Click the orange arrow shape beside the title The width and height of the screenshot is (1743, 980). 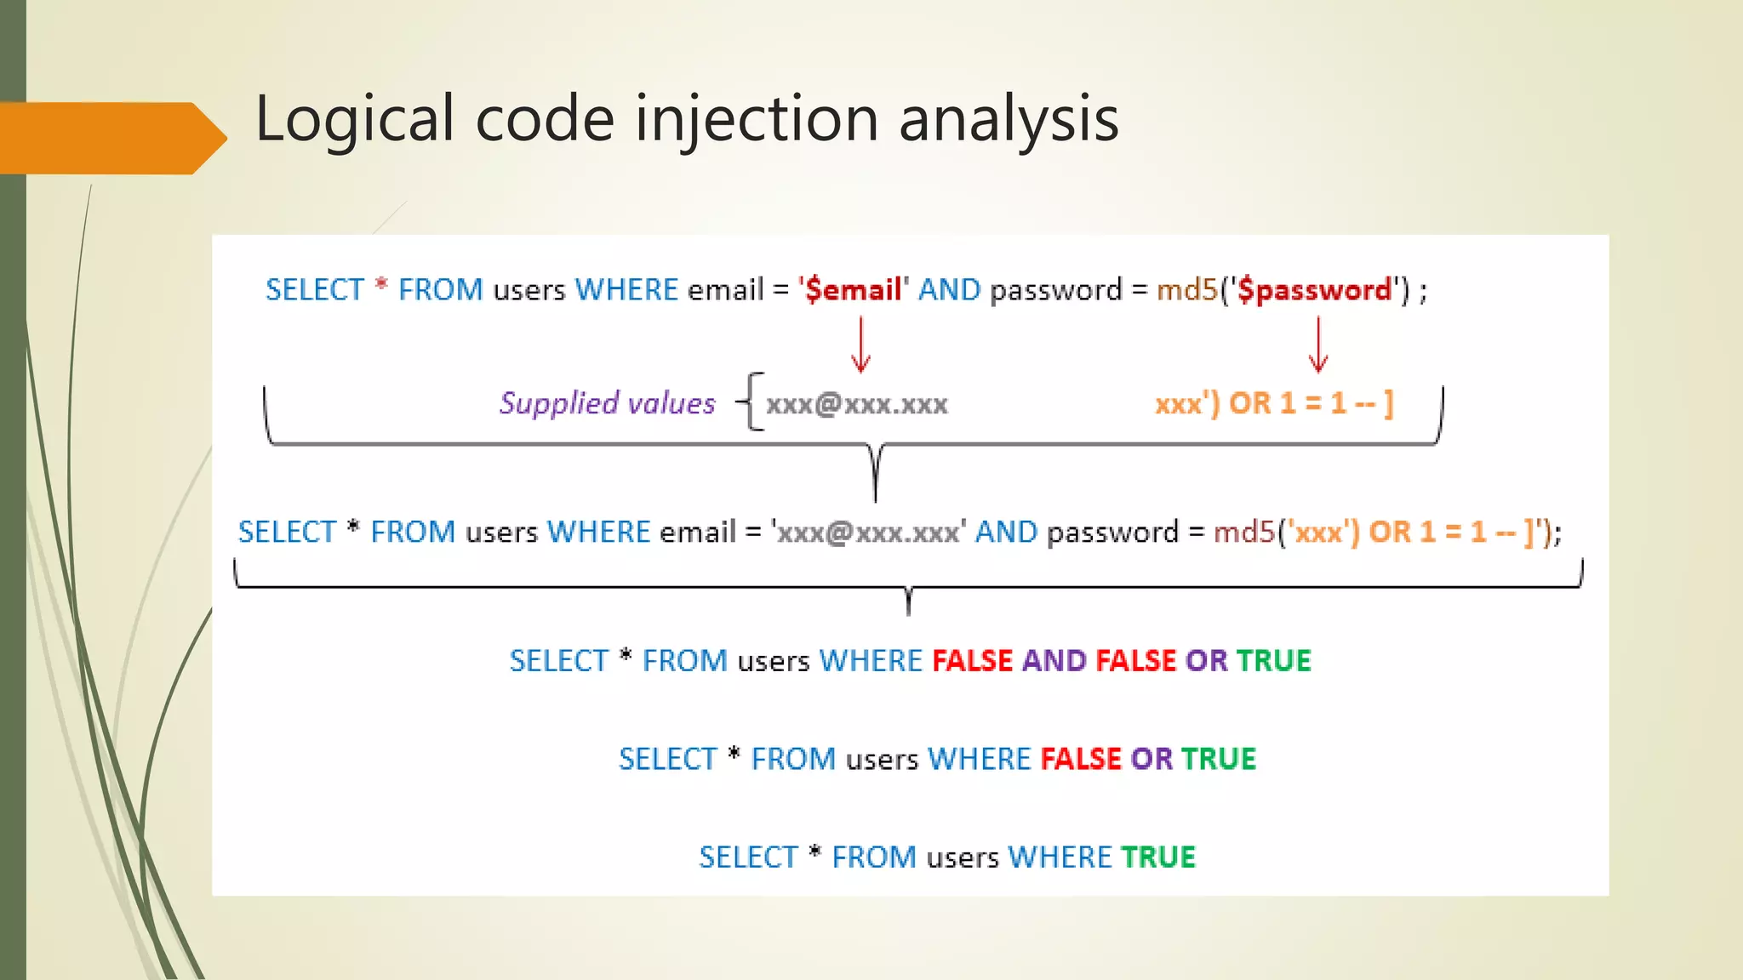[x=111, y=138]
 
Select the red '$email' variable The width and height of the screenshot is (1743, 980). [x=853, y=290]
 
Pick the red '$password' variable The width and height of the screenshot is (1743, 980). [x=1314, y=290]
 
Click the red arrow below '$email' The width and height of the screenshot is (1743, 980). [x=860, y=345]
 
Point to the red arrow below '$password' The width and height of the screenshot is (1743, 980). [x=1318, y=345]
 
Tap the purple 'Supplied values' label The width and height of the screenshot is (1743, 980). [x=607, y=402]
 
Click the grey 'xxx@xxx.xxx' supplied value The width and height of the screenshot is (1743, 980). [x=856, y=403]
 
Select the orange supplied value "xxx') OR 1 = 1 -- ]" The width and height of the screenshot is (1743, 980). [x=1273, y=403]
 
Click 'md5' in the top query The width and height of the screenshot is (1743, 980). [x=1186, y=290]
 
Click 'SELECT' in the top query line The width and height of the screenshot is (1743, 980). [x=315, y=290]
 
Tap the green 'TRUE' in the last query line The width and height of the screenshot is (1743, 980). [x=1157, y=857]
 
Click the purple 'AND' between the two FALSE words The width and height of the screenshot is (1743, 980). [x=1054, y=661]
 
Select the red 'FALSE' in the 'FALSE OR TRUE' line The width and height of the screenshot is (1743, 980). [x=1081, y=759]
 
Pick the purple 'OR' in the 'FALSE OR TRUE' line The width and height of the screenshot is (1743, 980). [x=1151, y=759]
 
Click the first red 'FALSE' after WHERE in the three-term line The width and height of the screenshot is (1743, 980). [x=972, y=661]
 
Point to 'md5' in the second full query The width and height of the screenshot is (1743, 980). [x=1243, y=533]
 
